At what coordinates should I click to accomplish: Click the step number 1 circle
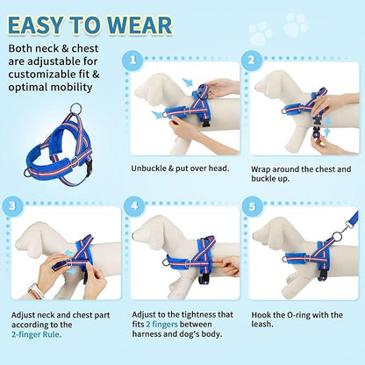[x=133, y=61]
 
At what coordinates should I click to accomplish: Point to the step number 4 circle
[x=133, y=207]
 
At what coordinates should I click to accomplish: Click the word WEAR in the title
[x=140, y=24]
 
